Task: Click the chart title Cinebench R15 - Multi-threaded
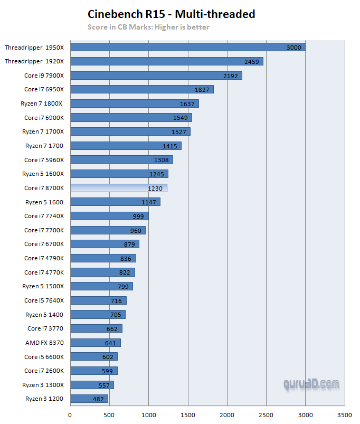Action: (x=171, y=14)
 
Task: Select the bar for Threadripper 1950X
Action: (x=187, y=48)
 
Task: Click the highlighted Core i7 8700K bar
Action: (x=118, y=188)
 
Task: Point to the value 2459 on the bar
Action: (x=251, y=62)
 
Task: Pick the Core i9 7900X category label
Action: (x=44, y=76)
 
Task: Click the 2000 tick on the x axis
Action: (x=227, y=414)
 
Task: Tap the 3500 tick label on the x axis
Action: (x=345, y=414)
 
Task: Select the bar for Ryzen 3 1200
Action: (x=89, y=399)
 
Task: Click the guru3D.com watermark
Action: (x=311, y=384)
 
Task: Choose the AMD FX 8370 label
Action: (x=44, y=343)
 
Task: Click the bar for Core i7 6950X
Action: (x=141, y=90)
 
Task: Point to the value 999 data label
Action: (x=138, y=216)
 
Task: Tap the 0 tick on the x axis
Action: (x=70, y=414)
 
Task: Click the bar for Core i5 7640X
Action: (x=98, y=300)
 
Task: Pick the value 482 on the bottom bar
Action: (x=98, y=399)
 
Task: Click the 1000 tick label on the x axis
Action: (x=149, y=414)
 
